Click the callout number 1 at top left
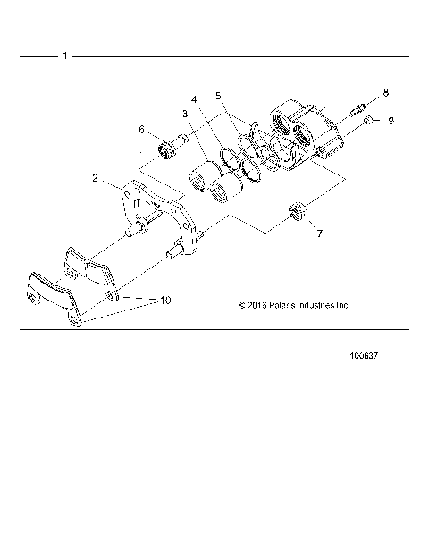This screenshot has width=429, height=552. pyautogui.click(x=65, y=56)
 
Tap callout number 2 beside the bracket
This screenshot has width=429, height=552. pyautogui.click(x=96, y=178)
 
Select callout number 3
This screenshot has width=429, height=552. pyautogui.click(x=184, y=114)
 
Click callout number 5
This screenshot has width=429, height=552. pyautogui.click(x=218, y=93)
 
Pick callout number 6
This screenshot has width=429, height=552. pyautogui.click(x=141, y=130)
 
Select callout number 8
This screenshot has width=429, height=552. pyautogui.click(x=386, y=92)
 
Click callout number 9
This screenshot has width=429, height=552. pyautogui.click(x=391, y=120)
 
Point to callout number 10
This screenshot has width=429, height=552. pyautogui.click(x=164, y=301)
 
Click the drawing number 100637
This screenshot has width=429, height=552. pyautogui.click(x=366, y=355)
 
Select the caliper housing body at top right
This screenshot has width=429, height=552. pyautogui.click(x=304, y=134)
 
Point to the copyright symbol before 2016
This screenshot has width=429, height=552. pyautogui.click(x=241, y=305)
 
